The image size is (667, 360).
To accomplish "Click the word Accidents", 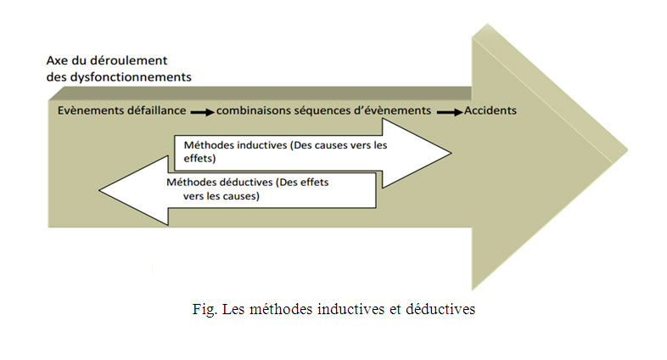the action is point(490,110).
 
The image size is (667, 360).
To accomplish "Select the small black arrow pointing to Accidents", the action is point(450,112).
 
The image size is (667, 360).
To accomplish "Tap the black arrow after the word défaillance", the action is point(203,112).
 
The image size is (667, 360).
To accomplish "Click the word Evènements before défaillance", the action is point(84,110).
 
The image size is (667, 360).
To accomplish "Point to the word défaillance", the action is point(150,110).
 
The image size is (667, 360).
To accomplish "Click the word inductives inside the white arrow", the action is point(261,145).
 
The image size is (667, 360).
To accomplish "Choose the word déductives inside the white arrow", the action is point(247,183).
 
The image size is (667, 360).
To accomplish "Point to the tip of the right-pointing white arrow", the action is point(451,153).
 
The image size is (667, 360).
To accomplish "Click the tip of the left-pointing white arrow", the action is point(99,190).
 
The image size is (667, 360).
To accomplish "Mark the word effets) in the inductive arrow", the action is point(199,159).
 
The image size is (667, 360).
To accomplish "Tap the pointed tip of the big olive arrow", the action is point(627,150).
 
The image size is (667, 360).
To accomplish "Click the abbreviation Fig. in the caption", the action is point(205,309).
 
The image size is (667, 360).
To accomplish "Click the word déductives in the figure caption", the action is point(440,309).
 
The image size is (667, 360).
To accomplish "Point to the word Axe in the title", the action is point(57,60).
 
